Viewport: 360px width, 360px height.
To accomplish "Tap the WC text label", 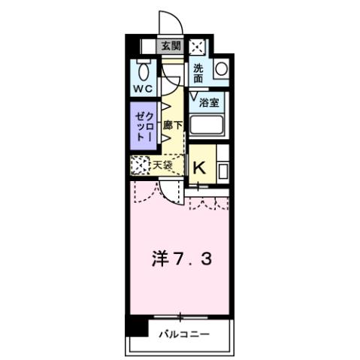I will [x=144, y=89].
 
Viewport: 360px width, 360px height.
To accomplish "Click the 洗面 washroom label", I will [x=199, y=73].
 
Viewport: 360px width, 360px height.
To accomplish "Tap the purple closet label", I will [x=144, y=129].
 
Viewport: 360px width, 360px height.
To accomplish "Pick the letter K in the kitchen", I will [x=200, y=167].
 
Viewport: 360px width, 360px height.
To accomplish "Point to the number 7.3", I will [x=196, y=260].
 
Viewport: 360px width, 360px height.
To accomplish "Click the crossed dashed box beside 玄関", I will [x=197, y=46].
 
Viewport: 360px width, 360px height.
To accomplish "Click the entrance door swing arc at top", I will [x=167, y=20].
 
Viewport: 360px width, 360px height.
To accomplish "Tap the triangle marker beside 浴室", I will [x=194, y=97].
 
